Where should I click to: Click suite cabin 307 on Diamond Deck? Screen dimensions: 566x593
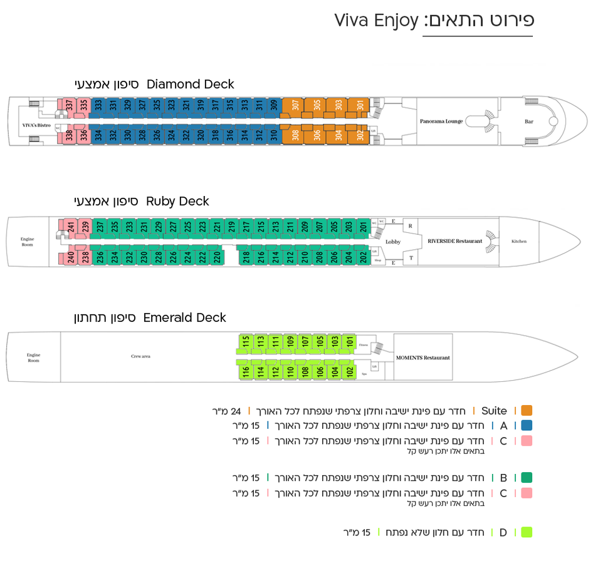295,105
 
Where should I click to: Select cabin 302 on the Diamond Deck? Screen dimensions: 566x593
360,135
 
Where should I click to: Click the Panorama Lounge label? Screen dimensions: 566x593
441,121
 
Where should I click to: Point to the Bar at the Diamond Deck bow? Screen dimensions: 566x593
529,121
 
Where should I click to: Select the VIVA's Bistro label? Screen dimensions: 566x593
36,125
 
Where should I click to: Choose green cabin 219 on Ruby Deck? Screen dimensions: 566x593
231,227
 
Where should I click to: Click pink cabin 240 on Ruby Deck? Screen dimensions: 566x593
71,257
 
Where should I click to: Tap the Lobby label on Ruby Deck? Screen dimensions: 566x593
393,242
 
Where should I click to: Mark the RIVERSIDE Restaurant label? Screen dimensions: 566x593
455,241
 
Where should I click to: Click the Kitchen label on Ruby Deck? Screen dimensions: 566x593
519,241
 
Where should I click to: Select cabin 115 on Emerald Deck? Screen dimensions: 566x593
246,341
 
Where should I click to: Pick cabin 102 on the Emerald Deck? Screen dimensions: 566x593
350,372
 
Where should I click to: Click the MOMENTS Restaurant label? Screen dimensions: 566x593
423,358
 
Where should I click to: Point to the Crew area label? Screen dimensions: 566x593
140,356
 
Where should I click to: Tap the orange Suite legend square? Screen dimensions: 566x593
527,411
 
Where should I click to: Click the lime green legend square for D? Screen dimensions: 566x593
527,532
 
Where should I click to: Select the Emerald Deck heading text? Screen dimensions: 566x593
184,317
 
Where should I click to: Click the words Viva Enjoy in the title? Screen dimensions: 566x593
376,21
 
